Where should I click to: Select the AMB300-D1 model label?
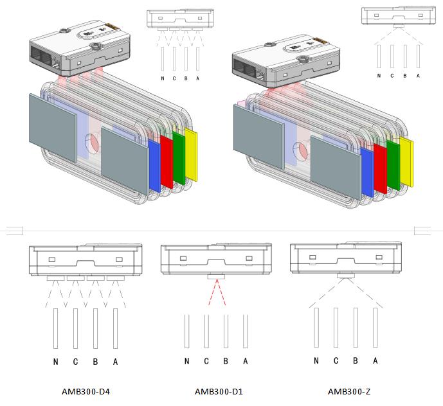click(219, 391)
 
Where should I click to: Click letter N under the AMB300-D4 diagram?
click(56, 362)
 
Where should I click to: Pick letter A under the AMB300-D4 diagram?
click(116, 362)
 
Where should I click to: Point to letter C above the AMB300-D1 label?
click(206, 361)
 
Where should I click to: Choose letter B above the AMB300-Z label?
click(356, 360)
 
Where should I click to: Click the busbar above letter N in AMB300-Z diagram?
click(316, 328)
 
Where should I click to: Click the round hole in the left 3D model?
click(93, 143)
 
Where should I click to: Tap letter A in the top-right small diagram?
click(418, 75)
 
